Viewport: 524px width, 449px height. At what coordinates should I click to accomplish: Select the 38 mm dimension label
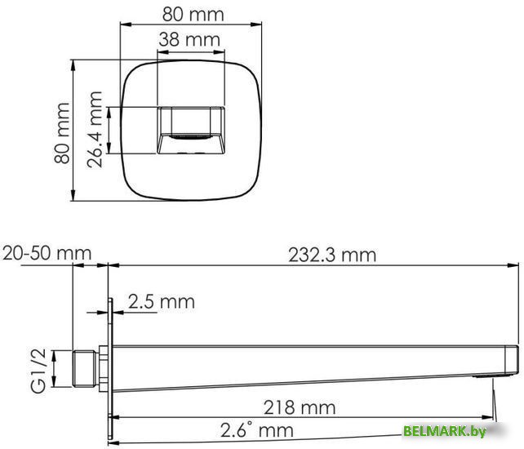[189, 39]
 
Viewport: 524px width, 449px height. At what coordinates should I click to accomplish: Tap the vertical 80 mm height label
[61, 132]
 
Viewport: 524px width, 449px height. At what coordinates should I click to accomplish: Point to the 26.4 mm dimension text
[95, 129]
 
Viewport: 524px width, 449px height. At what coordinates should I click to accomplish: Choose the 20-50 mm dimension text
[47, 253]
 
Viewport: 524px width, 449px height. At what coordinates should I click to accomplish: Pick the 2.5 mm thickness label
[161, 302]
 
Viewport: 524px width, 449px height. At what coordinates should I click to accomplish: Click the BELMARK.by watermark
[444, 432]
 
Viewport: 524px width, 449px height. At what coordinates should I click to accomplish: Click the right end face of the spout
[514, 358]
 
